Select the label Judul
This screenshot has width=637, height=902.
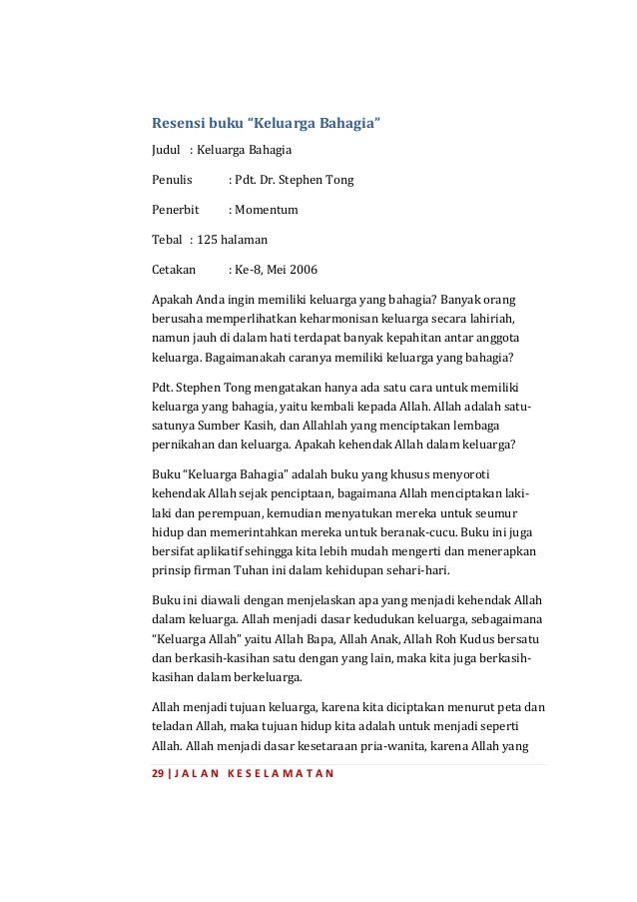tap(166, 151)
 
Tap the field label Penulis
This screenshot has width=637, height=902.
tap(171, 181)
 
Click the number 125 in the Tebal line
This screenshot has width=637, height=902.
tap(208, 241)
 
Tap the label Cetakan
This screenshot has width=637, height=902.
tap(174, 271)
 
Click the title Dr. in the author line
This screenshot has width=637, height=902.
tap(272, 181)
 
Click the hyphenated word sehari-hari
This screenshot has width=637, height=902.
tap(417, 568)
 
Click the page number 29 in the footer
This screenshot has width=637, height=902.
tap(157, 776)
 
